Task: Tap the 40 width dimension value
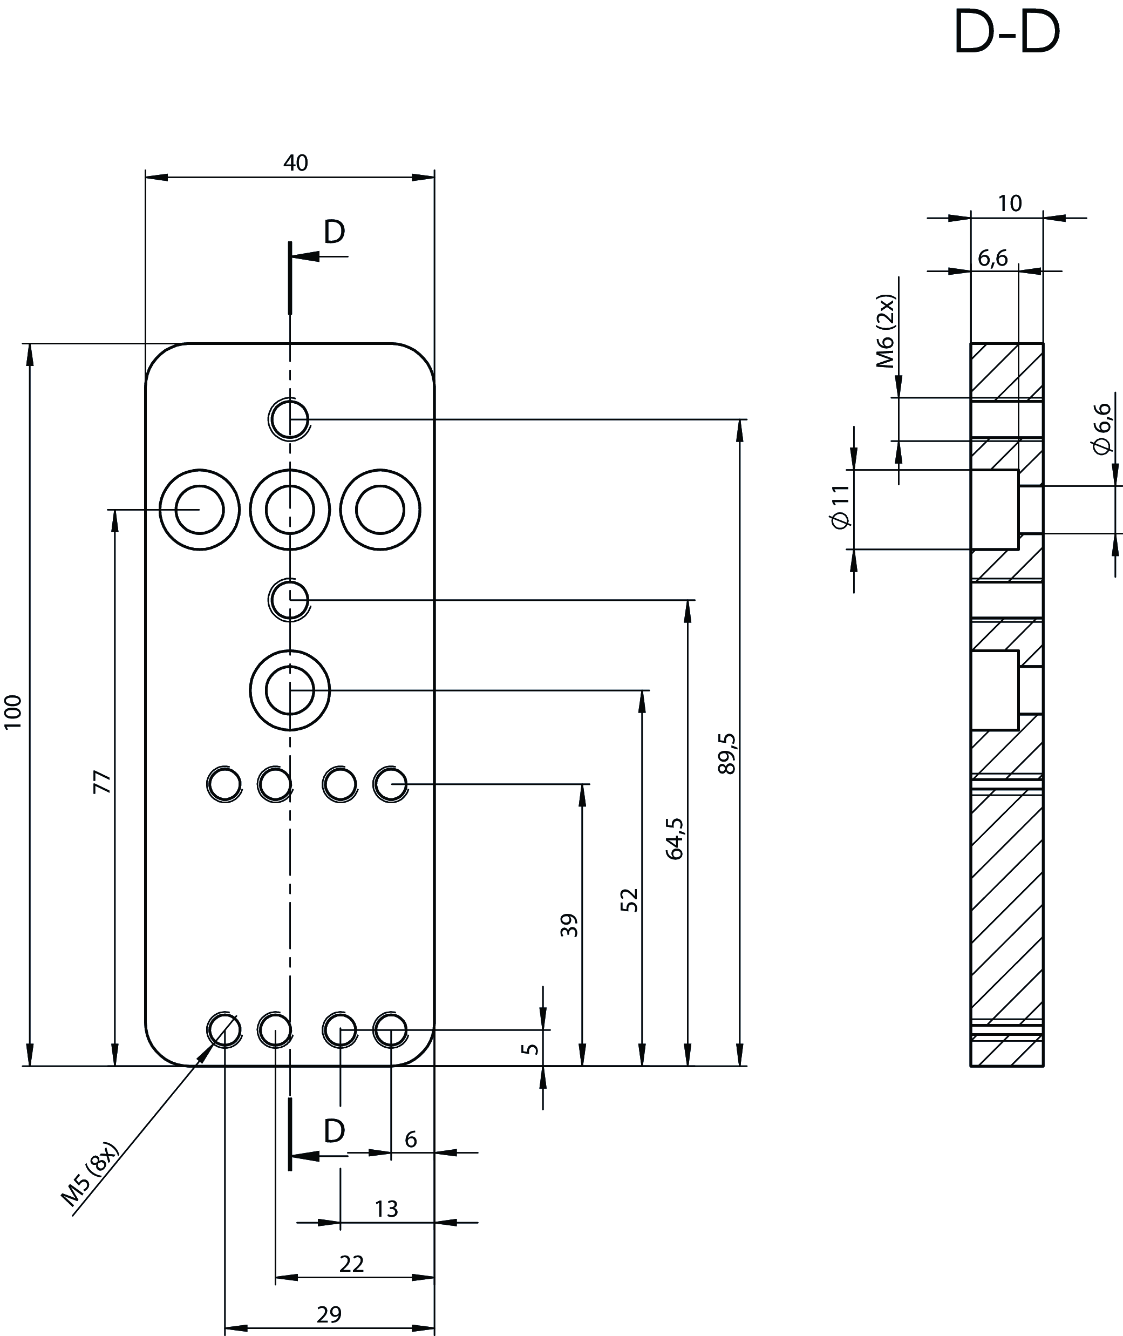coord(295,164)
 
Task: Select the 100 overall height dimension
coord(13,712)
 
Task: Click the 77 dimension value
coord(103,782)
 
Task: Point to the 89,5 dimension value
coord(726,754)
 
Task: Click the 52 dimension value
coord(629,900)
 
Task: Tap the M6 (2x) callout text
coord(886,331)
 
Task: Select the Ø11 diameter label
coord(840,507)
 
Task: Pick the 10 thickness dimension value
coord(1010,204)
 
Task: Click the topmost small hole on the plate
coord(290,419)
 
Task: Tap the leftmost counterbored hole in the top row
coord(199,510)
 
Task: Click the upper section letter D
coord(334,233)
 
